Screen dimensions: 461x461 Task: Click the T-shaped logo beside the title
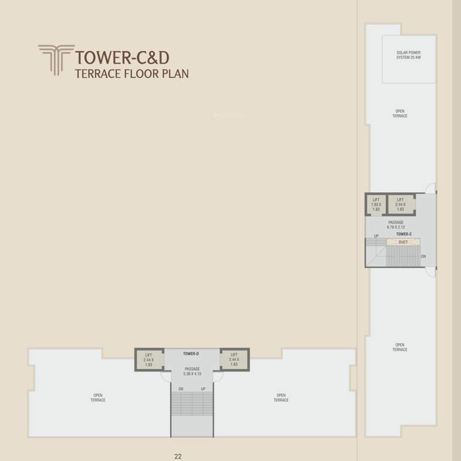point(56,59)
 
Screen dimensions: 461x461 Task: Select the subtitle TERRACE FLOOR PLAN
point(131,74)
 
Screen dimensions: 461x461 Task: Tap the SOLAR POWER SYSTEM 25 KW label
point(409,55)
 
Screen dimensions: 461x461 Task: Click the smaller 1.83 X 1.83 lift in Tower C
point(376,205)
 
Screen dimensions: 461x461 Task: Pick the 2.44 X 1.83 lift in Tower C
point(400,205)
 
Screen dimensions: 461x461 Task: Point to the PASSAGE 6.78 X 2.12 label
point(396,224)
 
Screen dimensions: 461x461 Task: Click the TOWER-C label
point(403,234)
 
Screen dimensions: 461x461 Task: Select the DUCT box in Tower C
point(403,242)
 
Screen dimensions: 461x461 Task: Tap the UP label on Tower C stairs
point(376,236)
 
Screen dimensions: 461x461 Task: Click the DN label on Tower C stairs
point(423,256)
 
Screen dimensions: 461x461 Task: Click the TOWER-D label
point(191,354)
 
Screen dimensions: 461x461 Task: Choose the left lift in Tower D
point(149,360)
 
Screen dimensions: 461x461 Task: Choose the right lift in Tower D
point(234,360)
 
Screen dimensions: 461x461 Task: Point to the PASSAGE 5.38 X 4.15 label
point(192,372)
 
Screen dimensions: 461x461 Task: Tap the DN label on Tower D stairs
point(181,389)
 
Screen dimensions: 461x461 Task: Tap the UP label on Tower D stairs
point(203,389)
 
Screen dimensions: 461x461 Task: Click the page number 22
point(178,456)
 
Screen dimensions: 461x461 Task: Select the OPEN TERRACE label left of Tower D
point(98,397)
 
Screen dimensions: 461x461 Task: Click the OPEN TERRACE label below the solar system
point(400,113)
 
